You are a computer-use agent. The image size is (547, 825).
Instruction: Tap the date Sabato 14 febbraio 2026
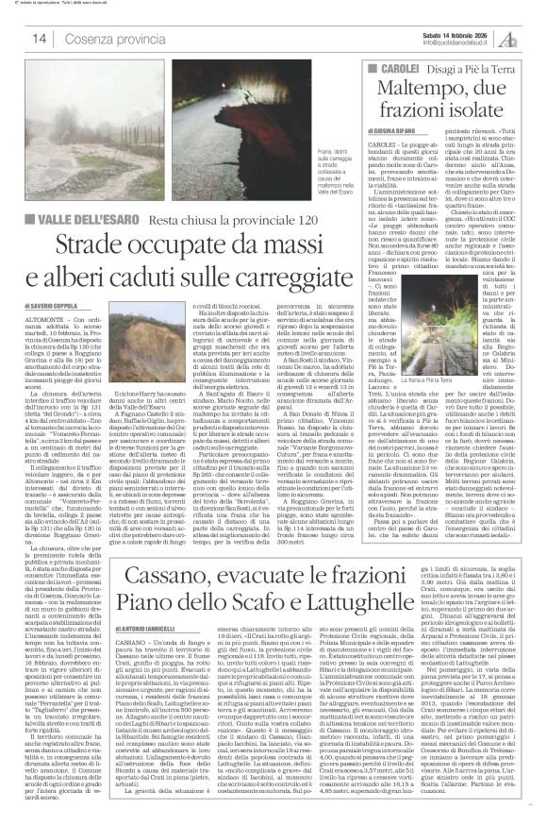(x=435, y=34)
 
